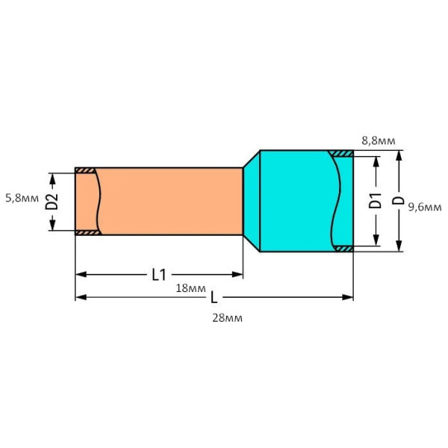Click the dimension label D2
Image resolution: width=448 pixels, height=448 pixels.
coord(52,202)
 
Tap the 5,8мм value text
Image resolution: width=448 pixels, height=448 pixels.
coord(21,199)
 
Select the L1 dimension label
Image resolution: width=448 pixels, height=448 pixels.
coord(158,275)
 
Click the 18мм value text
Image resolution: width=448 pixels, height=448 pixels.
coord(191,288)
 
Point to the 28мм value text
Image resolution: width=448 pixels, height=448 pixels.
coord(228,317)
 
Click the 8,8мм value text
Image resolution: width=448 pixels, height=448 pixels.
coord(379,140)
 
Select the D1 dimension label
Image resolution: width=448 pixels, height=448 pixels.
coord(376,200)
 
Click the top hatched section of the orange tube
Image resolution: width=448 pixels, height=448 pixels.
coord(86,171)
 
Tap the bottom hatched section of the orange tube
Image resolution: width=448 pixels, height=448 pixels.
coord(86,232)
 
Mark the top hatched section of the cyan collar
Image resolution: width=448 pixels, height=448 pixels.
coord(342,154)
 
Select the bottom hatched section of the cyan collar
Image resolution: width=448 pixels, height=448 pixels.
coord(343,248)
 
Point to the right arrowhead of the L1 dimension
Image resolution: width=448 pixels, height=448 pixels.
coord(238,275)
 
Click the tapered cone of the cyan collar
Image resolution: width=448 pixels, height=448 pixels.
coord(251,200)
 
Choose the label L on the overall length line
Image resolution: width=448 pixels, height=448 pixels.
coord(214,297)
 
